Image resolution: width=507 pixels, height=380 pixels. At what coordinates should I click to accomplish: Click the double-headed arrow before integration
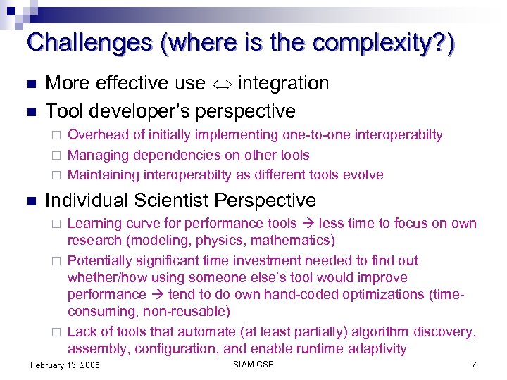[222, 84]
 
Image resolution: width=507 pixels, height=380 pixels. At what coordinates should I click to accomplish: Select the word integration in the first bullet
[284, 84]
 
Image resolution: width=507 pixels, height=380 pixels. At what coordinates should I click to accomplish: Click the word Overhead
[97, 135]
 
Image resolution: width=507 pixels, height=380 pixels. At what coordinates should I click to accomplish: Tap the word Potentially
[103, 260]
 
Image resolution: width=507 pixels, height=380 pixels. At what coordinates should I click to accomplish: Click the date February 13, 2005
[65, 365]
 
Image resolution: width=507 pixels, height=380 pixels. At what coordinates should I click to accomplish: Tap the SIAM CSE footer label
[253, 365]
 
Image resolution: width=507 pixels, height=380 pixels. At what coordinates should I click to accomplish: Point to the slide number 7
[474, 365]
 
